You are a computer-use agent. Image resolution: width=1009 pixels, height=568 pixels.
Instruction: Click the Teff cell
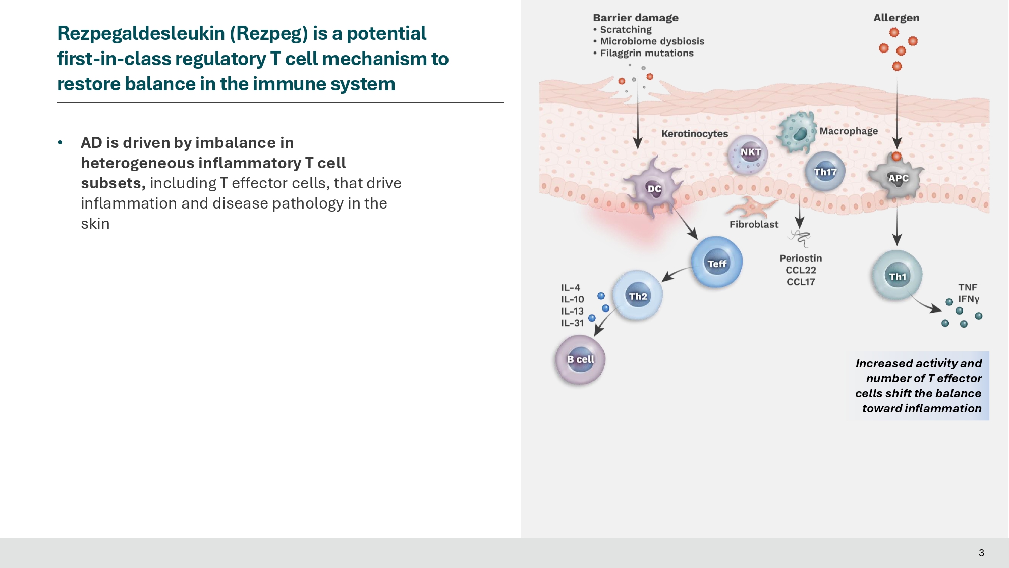click(716, 262)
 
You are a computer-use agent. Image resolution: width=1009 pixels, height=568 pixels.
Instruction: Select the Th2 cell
click(638, 296)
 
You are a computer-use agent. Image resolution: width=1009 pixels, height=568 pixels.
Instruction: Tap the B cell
click(580, 359)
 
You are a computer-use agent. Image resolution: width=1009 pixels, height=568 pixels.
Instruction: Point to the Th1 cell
click(897, 276)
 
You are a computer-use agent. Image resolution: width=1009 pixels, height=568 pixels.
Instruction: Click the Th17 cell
click(825, 172)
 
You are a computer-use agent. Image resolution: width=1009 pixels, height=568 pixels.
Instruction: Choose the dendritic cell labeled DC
click(654, 188)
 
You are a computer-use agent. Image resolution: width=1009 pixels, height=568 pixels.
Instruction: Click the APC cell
click(898, 178)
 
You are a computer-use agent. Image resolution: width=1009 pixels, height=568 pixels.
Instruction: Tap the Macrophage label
click(849, 131)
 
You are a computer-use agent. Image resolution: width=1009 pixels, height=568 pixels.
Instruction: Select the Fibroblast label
click(754, 224)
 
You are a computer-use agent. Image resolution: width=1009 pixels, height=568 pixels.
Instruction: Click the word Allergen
click(896, 18)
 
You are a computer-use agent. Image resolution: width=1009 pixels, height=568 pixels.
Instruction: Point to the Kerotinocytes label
click(695, 134)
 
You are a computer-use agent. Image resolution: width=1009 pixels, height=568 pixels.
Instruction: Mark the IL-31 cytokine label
click(572, 323)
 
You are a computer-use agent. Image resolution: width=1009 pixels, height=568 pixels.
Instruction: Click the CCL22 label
click(801, 270)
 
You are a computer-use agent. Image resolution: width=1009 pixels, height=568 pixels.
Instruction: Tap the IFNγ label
click(969, 299)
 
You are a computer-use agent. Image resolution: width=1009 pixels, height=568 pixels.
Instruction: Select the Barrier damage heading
click(635, 18)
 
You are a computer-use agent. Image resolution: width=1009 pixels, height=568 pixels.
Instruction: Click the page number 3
click(981, 553)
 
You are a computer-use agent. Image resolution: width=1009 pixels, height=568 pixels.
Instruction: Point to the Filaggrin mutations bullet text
click(646, 53)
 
